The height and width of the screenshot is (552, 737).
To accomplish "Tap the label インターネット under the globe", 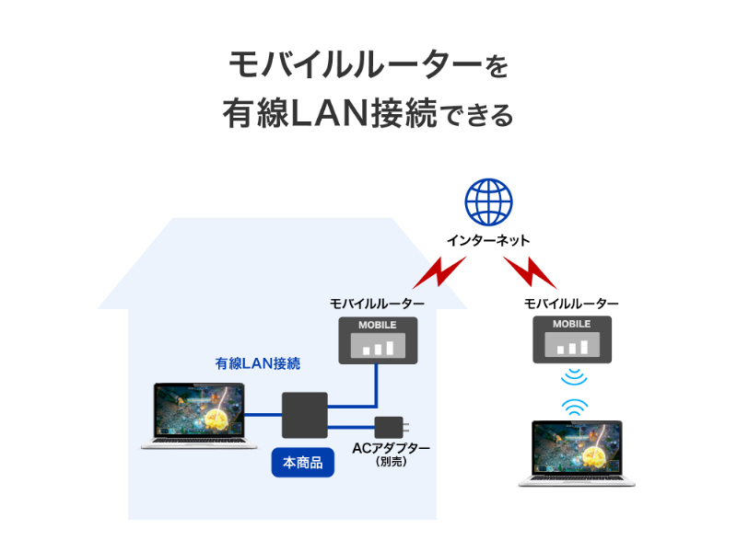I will point(488,240).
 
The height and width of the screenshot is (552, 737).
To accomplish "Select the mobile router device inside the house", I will point(378,340).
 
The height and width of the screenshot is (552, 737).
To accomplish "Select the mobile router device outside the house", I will point(571,340).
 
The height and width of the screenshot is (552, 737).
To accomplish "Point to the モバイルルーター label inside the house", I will point(378,304).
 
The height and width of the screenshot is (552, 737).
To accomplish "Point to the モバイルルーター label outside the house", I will point(571,304).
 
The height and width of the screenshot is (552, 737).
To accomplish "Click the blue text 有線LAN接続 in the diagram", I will point(258,363).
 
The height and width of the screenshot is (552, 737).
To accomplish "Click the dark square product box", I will point(304,415).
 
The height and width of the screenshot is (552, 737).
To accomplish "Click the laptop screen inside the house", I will point(199,411).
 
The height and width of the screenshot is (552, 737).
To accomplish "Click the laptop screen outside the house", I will point(576,448).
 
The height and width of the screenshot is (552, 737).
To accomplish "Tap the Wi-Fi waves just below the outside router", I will point(575,376).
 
